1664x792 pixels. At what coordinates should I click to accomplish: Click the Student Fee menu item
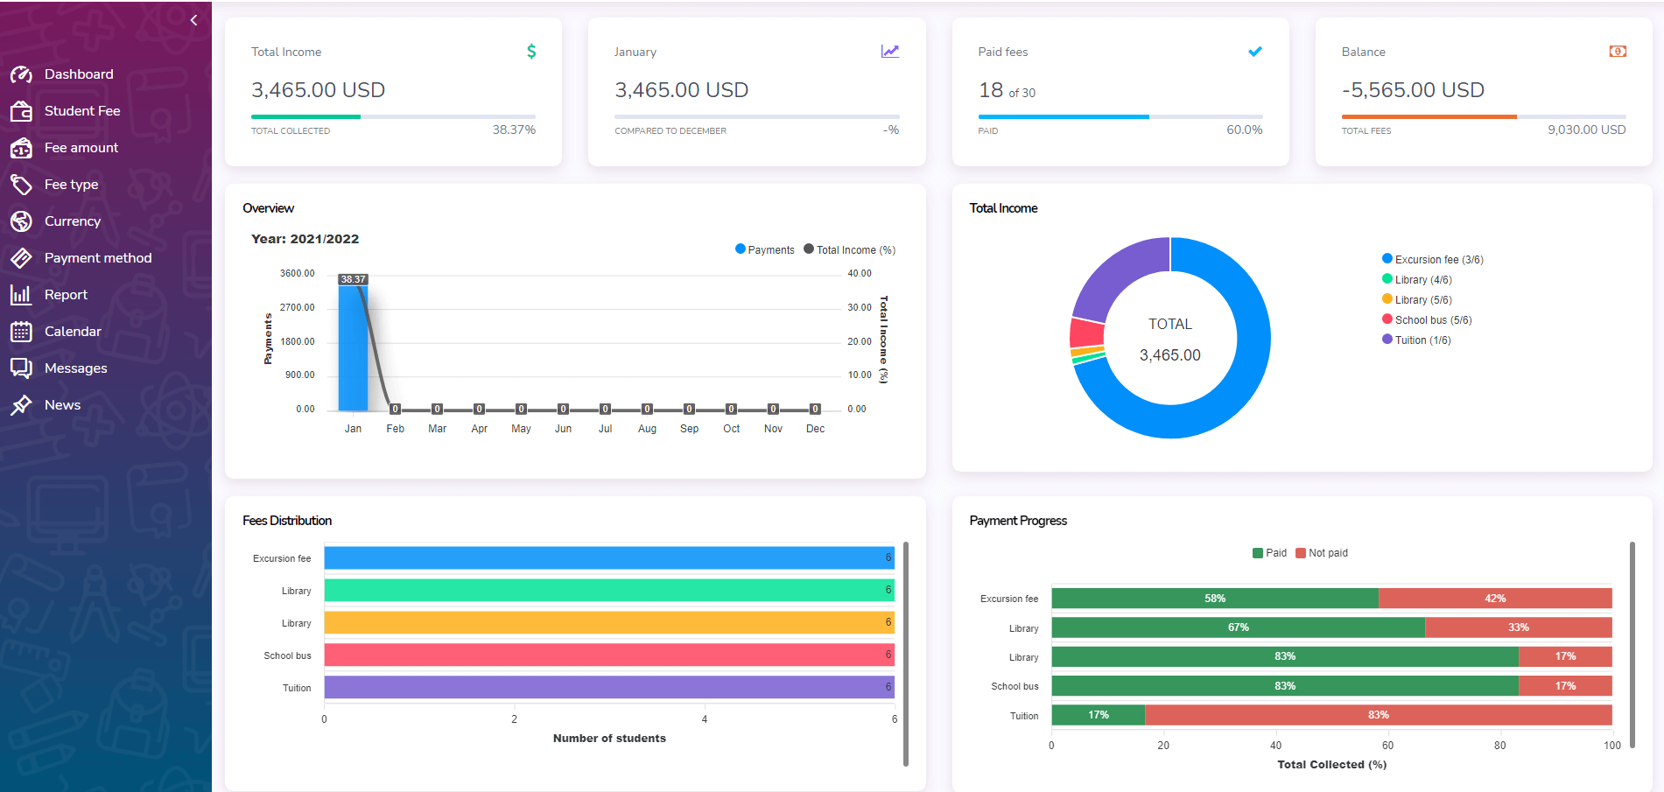pyautogui.click(x=81, y=111)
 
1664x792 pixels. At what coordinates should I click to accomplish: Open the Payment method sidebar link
pyautogui.click(x=97, y=258)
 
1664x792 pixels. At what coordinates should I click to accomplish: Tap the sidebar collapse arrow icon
pyautogui.click(x=194, y=20)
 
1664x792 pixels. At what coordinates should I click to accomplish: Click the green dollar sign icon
pyautogui.click(x=531, y=52)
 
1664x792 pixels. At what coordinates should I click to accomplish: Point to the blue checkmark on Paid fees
pyautogui.click(x=1255, y=52)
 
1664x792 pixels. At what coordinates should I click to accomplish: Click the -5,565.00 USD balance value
pyautogui.click(x=1413, y=90)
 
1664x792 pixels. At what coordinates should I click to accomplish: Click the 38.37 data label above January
pyautogui.click(x=354, y=279)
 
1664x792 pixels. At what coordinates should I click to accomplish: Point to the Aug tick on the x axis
pyautogui.click(x=647, y=429)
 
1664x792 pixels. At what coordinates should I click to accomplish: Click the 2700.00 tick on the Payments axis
pyautogui.click(x=298, y=308)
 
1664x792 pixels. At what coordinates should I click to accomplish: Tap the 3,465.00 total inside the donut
pyautogui.click(x=1169, y=355)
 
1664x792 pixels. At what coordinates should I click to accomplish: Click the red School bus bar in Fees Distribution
pyautogui.click(x=608, y=655)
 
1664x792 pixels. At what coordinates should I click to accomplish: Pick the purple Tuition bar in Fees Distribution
pyautogui.click(x=608, y=687)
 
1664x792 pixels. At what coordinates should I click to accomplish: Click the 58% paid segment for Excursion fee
pyautogui.click(x=1214, y=599)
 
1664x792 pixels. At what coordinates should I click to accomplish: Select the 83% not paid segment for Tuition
pyautogui.click(x=1378, y=715)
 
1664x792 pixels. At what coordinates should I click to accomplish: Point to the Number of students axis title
pyautogui.click(x=609, y=739)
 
